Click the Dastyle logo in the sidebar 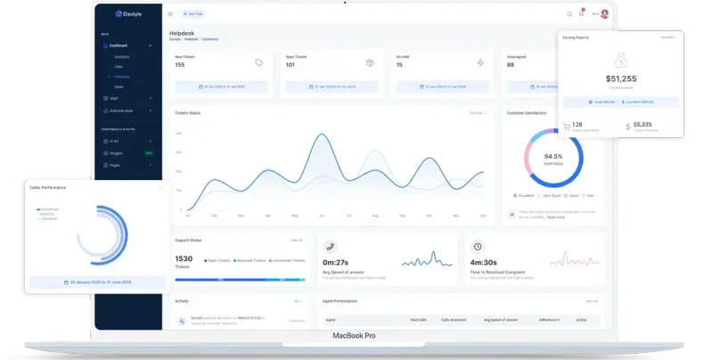129,14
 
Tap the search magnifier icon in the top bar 570,14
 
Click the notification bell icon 581,13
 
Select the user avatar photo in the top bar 605,13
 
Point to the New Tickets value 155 180,65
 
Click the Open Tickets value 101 291,65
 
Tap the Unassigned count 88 511,65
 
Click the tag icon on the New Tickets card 258,62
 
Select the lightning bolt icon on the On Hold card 479,62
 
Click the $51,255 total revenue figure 621,78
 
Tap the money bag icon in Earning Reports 621,60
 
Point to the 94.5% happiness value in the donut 553,157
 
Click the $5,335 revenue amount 642,125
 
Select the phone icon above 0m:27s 330,246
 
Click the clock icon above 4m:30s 478,246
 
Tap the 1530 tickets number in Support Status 184,258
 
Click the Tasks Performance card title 47,187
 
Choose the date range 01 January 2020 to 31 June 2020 96,282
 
